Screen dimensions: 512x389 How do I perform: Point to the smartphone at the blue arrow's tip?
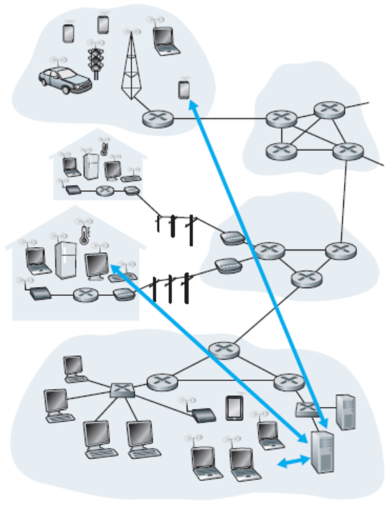click(x=184, y=90)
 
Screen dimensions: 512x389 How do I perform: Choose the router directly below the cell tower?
click(x=155, y=118)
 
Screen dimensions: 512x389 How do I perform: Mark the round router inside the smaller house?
click(x=106, y=190)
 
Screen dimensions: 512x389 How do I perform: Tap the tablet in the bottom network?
click(x=233, y=408)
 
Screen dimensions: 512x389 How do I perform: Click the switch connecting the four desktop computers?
click(x=120, y=389)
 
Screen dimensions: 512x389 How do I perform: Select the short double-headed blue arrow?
click(x=289, y=462)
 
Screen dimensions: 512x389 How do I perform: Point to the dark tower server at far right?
click(x=346, y=409)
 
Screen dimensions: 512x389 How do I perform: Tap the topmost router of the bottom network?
click(x=226, y=351)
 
